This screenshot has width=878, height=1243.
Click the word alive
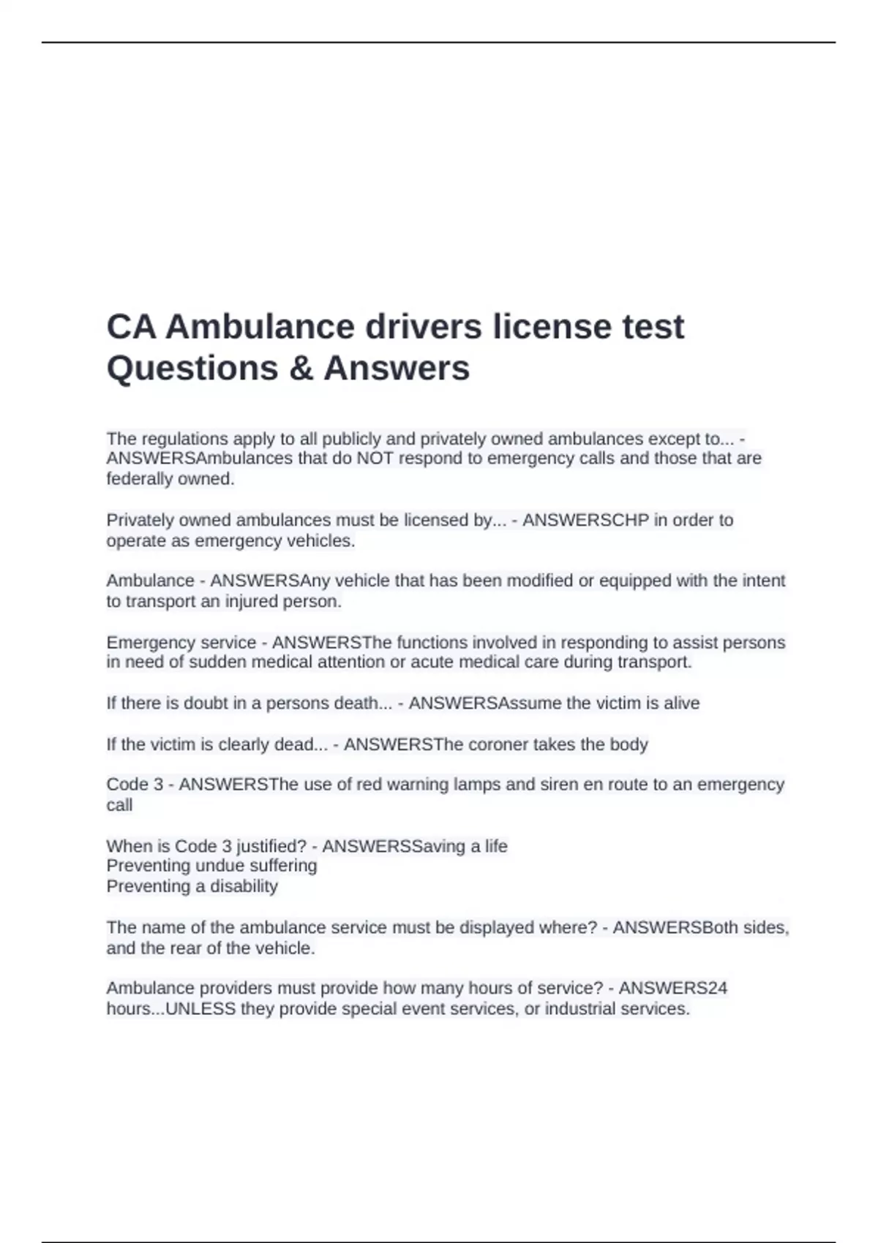pyautogui.click(x=681, y=703)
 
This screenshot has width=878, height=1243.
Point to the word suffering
pyautogui.click(x=283, y=866)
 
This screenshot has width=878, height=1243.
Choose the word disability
pyautogui.click(x=244, y=887)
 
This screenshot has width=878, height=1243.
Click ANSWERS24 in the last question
pyautogui.click(x=673, y=989)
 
